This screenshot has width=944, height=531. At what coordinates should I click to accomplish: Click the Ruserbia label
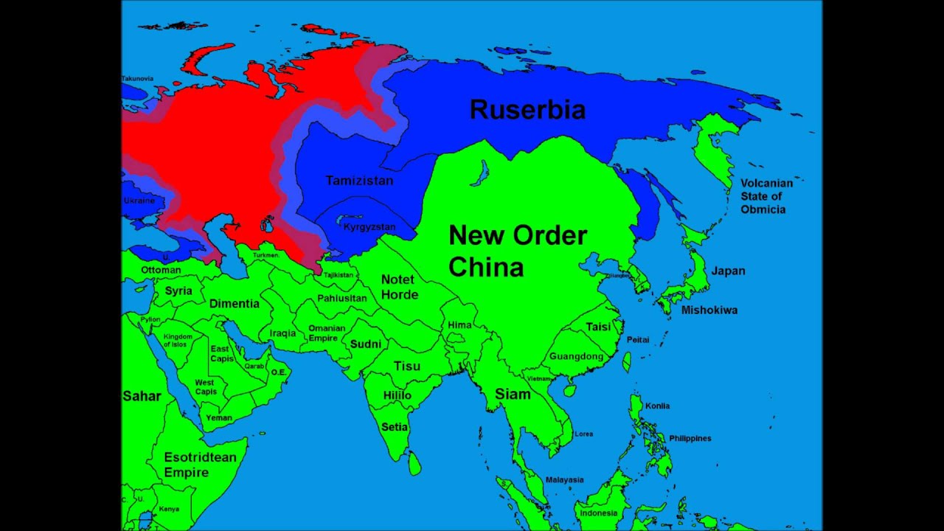[x=527, y=110]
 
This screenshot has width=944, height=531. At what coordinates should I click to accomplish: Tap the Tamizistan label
[x=359, y=181]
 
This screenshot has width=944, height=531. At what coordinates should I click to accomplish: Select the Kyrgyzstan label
[x=369, y=227]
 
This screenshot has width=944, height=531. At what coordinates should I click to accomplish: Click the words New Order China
[x=518, y=251]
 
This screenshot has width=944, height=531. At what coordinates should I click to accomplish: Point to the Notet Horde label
[x=398, y=287]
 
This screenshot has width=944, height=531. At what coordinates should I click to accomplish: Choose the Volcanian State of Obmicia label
[x=766, y=196]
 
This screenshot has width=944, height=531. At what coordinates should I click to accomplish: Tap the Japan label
[x=728, y=271]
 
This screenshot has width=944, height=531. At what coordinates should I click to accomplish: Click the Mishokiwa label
[x=709, y=310]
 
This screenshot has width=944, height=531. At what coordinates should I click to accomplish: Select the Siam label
[x=513, y=394]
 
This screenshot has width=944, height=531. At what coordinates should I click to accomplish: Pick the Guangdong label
[x=577, y=356]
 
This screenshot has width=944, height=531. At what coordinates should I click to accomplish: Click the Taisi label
[x=598, y=327]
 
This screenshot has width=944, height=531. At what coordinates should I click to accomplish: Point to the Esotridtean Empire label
[x=200, y=465]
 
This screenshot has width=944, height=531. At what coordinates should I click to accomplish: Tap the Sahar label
[x=142, y=396]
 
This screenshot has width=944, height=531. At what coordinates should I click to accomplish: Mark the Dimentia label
[x=235, y=303]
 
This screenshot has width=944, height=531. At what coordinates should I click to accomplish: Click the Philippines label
[x=690, y=438]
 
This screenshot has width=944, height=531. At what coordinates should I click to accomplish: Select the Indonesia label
[x=598, y=513]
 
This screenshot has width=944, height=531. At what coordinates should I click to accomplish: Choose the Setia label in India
[x=395, y=426]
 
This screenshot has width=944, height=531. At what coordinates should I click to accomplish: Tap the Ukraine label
[x=139, y=201]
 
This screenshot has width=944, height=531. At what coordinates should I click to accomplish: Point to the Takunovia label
[x=137, y=78]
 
